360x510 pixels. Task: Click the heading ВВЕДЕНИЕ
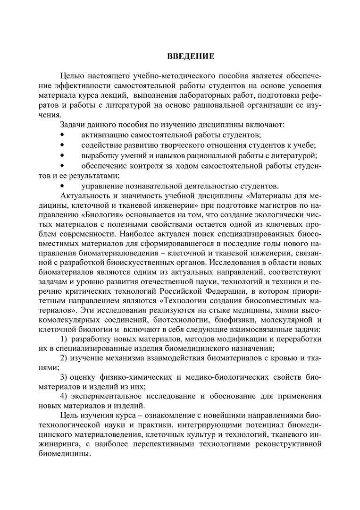191,57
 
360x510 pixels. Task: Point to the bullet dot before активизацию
61,135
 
